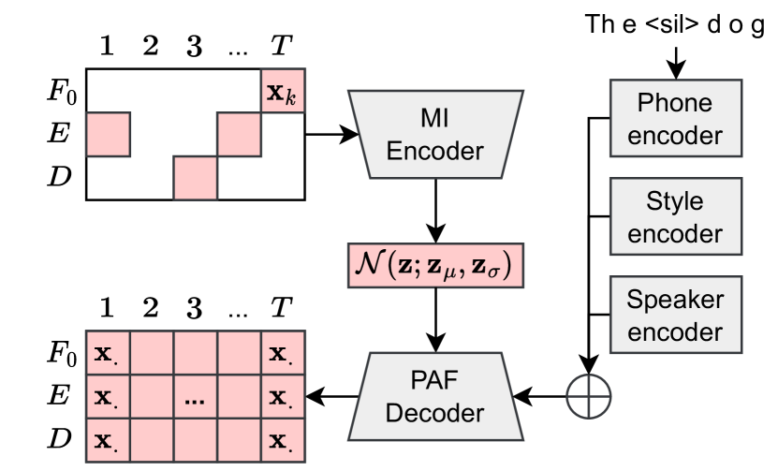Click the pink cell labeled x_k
[x=283, y=92]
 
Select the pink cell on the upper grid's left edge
[x=109, y=134]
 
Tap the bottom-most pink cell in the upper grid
[x=196, y=178]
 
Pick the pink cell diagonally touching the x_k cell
[x=240, y=134]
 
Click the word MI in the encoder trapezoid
[x=434, y=118]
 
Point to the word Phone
[x=674, y=103]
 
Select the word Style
[x=674, y=202]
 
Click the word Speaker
[x=674, y=301]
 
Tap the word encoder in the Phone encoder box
[x=674, y=135]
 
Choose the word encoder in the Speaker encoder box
[x=674, y=332]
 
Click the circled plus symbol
[x=588, y=397]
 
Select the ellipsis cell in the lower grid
[x=196, y=399]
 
